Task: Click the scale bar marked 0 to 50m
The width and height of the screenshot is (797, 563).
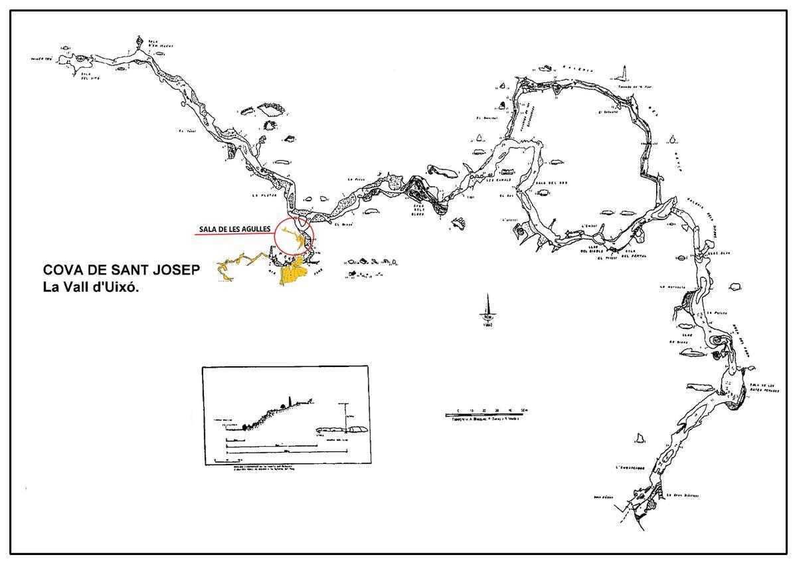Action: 487,415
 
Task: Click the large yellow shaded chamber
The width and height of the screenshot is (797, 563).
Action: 293,271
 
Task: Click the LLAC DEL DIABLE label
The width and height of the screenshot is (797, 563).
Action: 591,250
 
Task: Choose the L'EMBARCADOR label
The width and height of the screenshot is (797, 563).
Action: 631,466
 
